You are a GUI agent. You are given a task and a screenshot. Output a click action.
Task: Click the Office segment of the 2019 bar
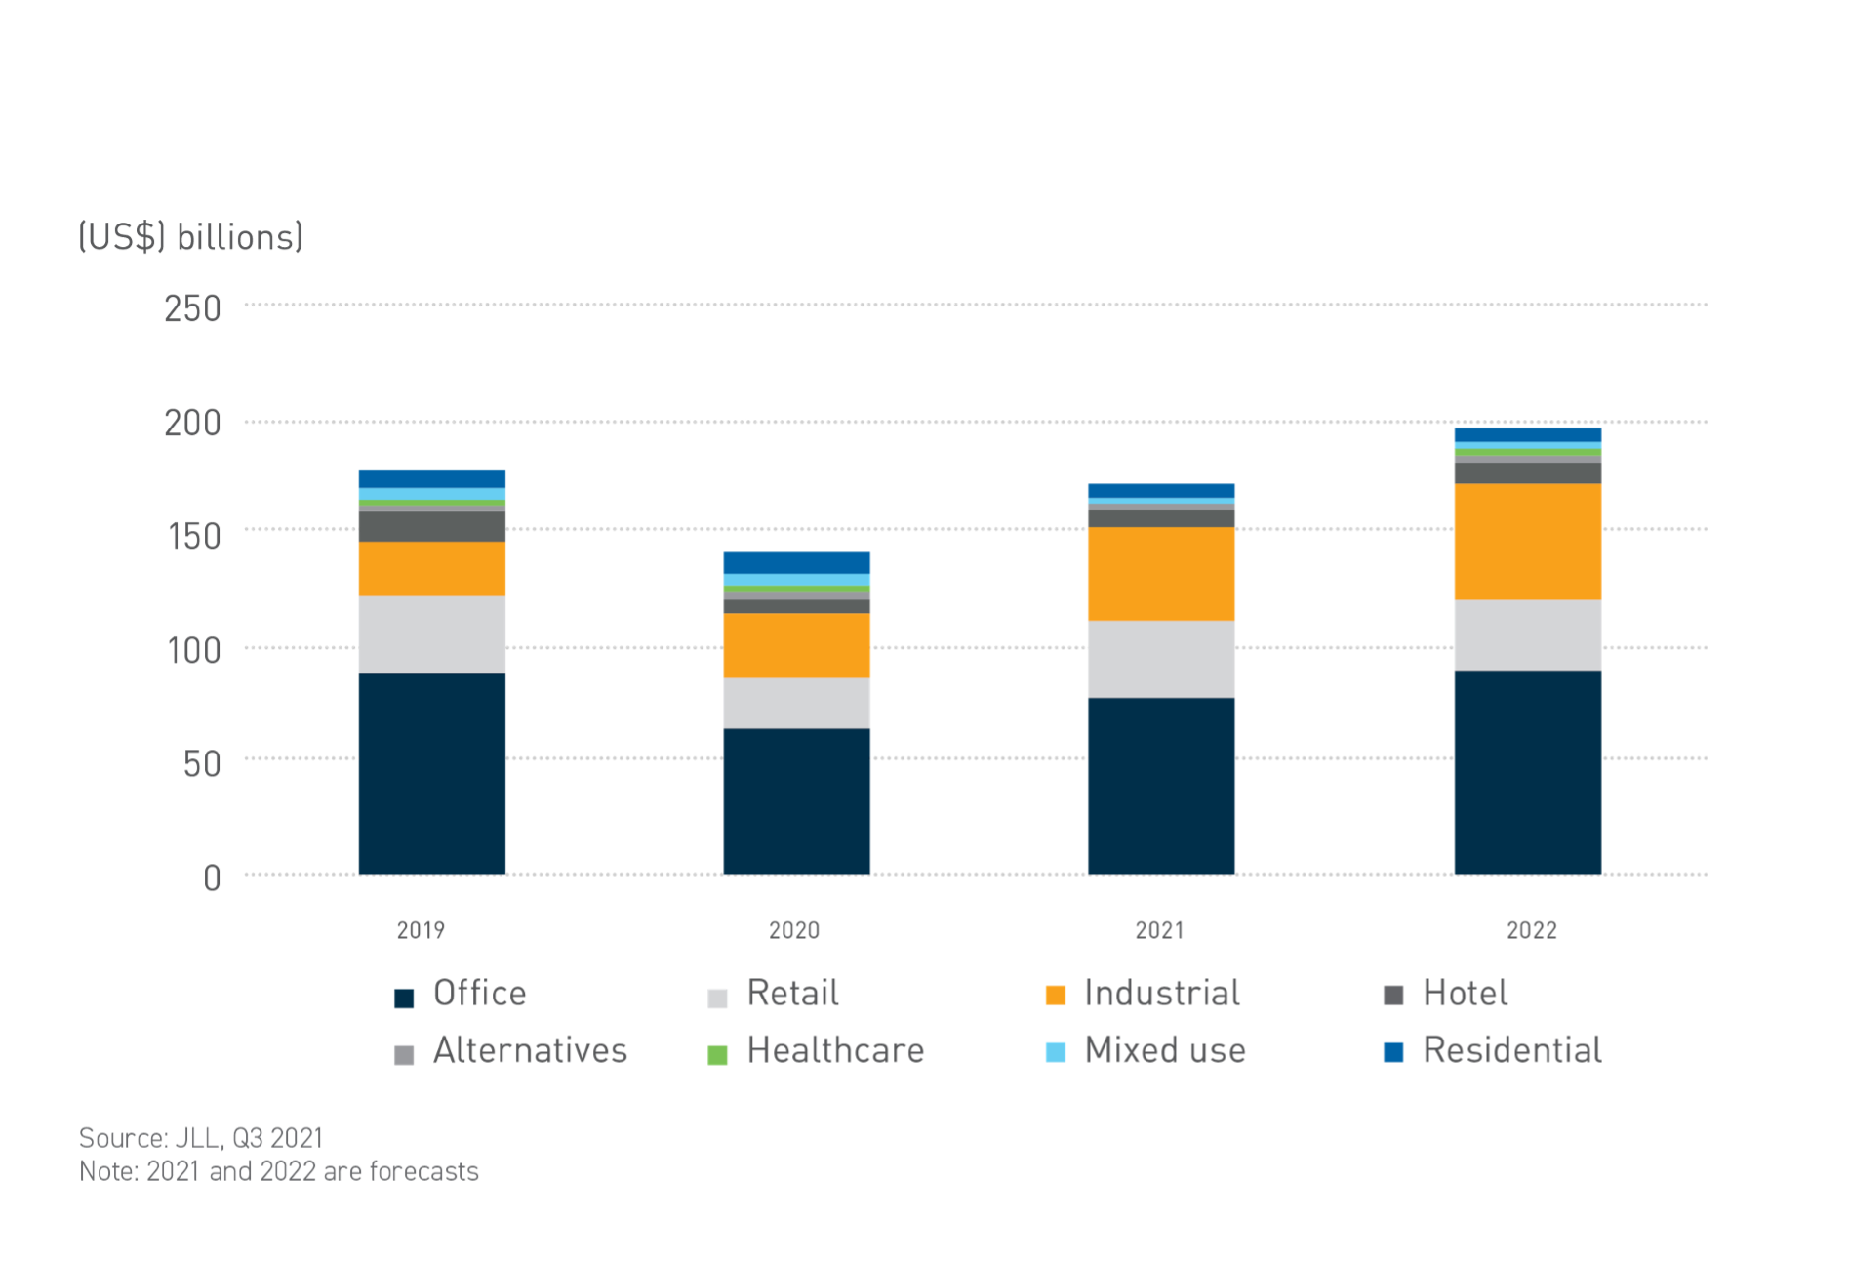click(x=431, y=773)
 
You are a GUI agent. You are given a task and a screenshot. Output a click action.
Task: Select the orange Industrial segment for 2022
click(x=1527, y=542)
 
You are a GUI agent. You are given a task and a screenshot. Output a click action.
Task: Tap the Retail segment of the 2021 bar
click(x=1161, y=659)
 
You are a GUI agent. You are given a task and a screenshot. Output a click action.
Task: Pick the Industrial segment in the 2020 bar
click(x=796, y=645)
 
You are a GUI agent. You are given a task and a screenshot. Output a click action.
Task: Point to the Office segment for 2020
click(x=796, y=800)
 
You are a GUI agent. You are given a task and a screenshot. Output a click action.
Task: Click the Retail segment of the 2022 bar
click(x=1527, y=634)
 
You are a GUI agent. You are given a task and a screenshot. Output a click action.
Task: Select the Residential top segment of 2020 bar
click(x=796, y=562)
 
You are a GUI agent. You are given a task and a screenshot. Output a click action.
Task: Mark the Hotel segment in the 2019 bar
click(x=431, y=527)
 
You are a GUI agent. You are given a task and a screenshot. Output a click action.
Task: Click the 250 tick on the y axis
click(x=192, y=309)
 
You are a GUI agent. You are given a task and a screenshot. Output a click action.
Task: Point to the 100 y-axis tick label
click(x=194, y=651)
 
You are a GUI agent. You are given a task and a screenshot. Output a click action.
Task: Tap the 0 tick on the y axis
click(x=212, y=878)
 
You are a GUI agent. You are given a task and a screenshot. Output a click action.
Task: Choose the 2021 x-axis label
click(x=1159, y=930)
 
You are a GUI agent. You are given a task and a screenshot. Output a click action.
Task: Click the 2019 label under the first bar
click(x=421, y=930)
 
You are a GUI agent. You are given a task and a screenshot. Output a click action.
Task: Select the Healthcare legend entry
click(x=835, y=1051)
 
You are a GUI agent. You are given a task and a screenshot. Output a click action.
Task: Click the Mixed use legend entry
click(x=1165, y=1051)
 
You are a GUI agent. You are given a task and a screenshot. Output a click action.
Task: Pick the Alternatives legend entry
click(x=530, y=1051)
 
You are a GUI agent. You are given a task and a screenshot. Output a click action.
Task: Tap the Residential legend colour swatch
click(x=1393, y=1052)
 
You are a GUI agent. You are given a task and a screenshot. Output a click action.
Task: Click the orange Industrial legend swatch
click(x=1055, y=996)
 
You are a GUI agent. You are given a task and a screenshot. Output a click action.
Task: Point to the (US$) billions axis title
click(x=191, y=237)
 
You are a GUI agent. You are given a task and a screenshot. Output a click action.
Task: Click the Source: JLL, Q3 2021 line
click(x=201, y=1138)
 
